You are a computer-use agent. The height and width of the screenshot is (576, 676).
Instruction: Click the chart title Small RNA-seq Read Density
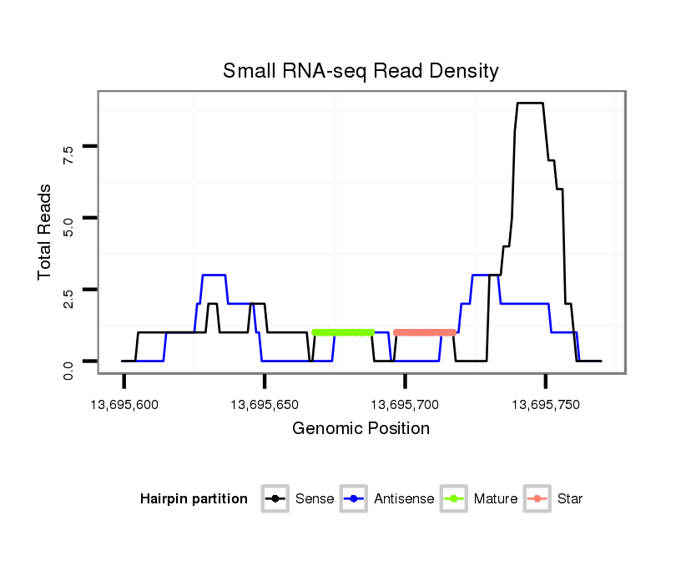(x=361, y=71)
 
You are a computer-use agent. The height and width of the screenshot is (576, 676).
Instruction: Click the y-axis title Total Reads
(x=45, y=231)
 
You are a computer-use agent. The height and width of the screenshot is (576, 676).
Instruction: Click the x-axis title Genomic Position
(x=361, y=429)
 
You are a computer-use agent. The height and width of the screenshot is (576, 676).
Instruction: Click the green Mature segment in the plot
(x=343, y=332)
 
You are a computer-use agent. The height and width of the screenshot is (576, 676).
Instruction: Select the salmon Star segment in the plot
(x=425, y=332)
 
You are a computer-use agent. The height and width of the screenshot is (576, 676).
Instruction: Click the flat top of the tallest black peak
(x=530, y=104)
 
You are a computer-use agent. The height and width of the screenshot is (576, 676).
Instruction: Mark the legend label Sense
(x=315, y=499)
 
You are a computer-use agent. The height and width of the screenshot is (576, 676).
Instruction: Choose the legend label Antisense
(x=404, y=499)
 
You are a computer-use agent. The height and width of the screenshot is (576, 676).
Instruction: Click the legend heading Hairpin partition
(x=194, y=499)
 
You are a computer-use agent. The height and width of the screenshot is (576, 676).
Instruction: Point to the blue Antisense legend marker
(x=354, y=499)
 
